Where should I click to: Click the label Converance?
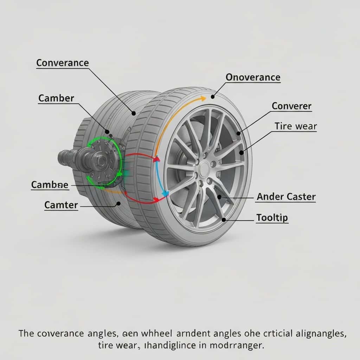click(63, 63)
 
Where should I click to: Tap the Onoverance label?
click(253, 77)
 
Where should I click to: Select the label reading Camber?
click(56, 98)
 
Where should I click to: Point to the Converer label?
click(291, 106)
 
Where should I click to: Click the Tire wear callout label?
click(296, 126)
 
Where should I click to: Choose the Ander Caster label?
click(286, 197)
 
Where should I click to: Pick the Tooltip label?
click(272, 218)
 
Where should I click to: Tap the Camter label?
click(61, 205)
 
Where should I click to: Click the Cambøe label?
click(50, 185)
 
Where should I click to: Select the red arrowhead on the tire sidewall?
click(156, 159)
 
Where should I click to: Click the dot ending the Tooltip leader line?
click(224, 220)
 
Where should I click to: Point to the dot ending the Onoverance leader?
click(212, 96)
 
